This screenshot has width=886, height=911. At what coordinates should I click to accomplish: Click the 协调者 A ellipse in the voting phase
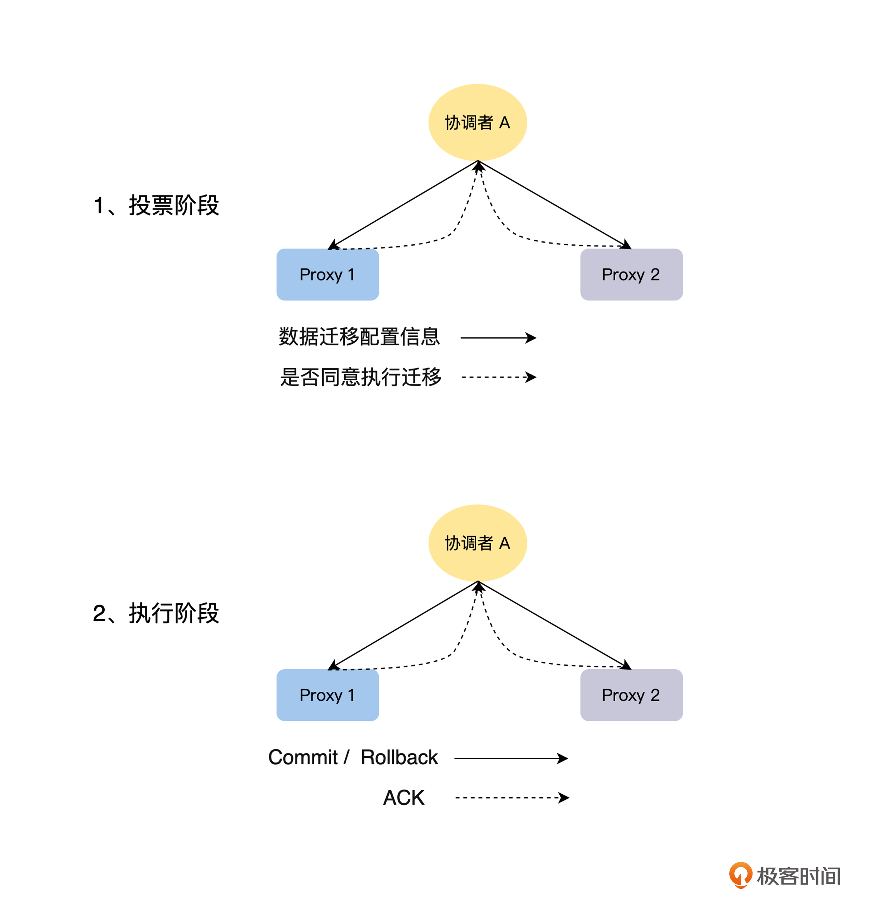pos(478,123)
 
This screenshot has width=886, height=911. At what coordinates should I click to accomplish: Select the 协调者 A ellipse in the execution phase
pos(478,543)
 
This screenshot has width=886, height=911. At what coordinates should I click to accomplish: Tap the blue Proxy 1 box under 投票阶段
pos(328,274)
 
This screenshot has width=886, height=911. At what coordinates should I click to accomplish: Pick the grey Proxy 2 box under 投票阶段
pos(631,274)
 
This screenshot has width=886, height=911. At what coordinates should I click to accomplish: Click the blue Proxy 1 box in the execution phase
pos(328,695)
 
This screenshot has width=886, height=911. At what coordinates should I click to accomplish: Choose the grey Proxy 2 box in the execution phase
pos(631,695)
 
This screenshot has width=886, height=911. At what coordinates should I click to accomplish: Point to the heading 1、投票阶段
pos(156,205)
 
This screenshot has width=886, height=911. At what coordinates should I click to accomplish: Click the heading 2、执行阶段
pos(156,613)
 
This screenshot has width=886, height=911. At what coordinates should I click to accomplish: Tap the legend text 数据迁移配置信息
pos(359,336)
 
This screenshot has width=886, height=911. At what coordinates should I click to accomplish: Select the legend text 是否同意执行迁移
pos(361,377)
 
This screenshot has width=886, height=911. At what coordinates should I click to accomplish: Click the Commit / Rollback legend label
pos(353,757)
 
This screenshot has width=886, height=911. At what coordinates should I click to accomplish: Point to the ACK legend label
pos(403,797)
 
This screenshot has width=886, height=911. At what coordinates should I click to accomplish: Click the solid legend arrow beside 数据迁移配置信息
pos(498,338)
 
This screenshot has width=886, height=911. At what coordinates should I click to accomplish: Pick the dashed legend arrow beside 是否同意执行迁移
pos(498,377)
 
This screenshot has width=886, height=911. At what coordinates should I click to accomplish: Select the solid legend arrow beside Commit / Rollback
pos(510,758)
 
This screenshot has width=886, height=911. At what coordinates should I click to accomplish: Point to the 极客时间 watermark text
pos(798,876)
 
